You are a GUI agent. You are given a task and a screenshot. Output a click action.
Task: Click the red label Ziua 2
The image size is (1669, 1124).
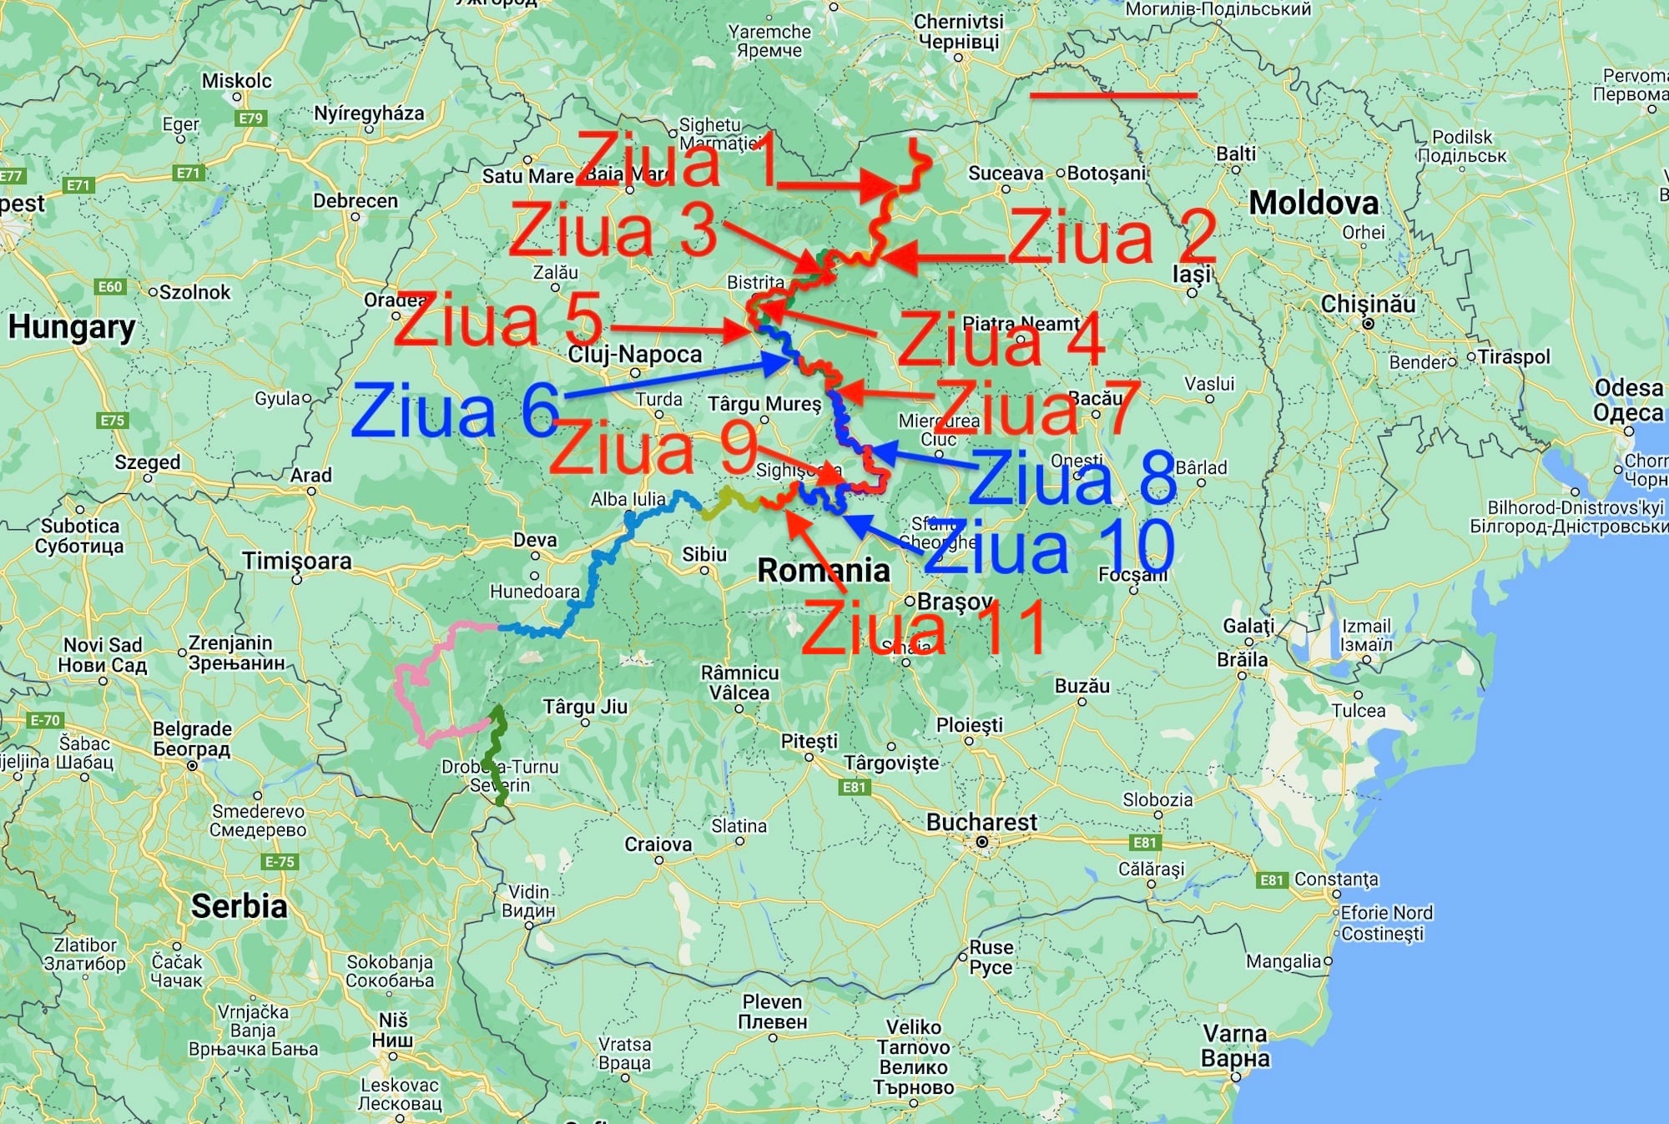1112,237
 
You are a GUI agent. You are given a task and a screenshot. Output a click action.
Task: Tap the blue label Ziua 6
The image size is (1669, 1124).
455,411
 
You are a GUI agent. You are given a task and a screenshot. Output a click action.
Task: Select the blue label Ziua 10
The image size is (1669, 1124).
1050,546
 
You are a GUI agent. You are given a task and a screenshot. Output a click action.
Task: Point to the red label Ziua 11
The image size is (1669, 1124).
924,627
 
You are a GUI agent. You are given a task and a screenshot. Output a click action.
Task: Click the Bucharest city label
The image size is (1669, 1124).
981,823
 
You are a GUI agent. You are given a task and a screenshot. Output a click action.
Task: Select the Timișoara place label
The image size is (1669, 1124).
297,562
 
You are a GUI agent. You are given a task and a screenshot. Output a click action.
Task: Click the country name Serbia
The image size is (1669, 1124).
239,906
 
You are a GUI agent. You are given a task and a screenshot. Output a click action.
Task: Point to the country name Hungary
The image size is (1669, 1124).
72,327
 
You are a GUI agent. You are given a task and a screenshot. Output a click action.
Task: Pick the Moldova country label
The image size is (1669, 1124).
1314,203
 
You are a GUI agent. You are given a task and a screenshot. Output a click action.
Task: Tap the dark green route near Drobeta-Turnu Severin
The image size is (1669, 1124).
497,751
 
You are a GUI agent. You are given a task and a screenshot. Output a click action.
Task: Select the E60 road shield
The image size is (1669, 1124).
110,287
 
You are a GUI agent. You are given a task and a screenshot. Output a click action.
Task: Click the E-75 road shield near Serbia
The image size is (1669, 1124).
279,862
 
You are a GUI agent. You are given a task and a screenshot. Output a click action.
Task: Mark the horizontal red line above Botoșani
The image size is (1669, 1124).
1113,96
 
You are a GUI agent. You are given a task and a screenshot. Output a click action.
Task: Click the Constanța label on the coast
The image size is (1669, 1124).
1335,880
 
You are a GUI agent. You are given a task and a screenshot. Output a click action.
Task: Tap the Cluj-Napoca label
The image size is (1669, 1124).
635,355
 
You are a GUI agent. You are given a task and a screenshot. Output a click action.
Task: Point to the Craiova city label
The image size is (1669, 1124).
658,844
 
